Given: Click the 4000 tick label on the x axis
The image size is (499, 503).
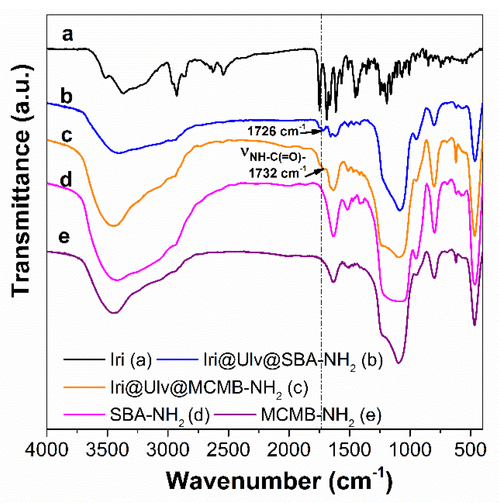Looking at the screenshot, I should click(x=46, y=450).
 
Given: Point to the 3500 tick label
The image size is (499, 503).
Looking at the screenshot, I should click(x=107, y=450).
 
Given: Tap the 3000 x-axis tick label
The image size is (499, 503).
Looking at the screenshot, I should click(x=168, y=450).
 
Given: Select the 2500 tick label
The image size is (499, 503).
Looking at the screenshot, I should click(x=228, y=450).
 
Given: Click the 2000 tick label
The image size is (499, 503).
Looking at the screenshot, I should click(x=289, y=450).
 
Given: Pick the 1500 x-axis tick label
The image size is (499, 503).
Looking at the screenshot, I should click(x=350, y=450).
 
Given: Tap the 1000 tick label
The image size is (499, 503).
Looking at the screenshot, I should click(x=410, y=450).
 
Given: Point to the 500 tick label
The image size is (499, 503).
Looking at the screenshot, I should click(x=470, y=450).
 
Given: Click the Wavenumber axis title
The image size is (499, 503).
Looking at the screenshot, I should click(x=279, y=481).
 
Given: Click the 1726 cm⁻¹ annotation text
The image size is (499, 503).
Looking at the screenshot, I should click(x=277, y=131).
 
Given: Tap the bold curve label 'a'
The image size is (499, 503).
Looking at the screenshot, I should click(x=68, y=34).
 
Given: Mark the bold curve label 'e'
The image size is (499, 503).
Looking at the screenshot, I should click(x=64, y=236).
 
